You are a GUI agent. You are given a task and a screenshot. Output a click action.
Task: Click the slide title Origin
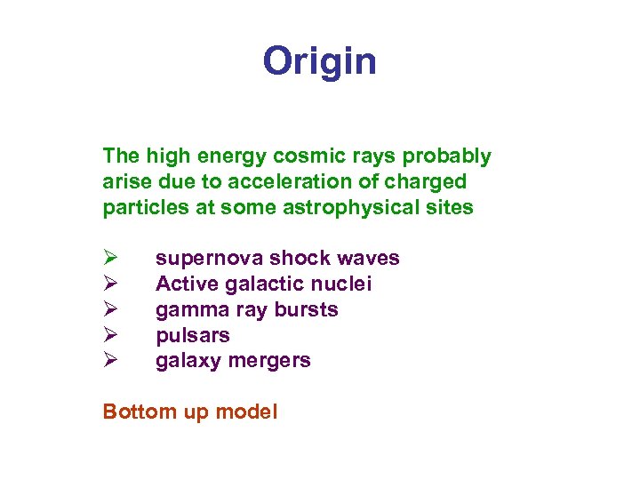click(x=319, y=61)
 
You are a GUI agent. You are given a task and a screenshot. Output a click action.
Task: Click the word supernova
click(x=209, y=259)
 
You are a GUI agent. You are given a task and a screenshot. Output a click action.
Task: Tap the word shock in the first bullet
click(x=297, y=259)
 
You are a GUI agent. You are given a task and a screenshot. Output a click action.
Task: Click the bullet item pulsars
click(x=193, y=336)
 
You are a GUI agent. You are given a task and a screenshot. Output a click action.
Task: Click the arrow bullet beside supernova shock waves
click(x=109, y=259)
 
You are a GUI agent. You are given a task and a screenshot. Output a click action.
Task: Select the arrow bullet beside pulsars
click(x=109, y=336)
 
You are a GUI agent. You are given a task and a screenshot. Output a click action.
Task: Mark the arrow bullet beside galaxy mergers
click(x=109, y=361)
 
